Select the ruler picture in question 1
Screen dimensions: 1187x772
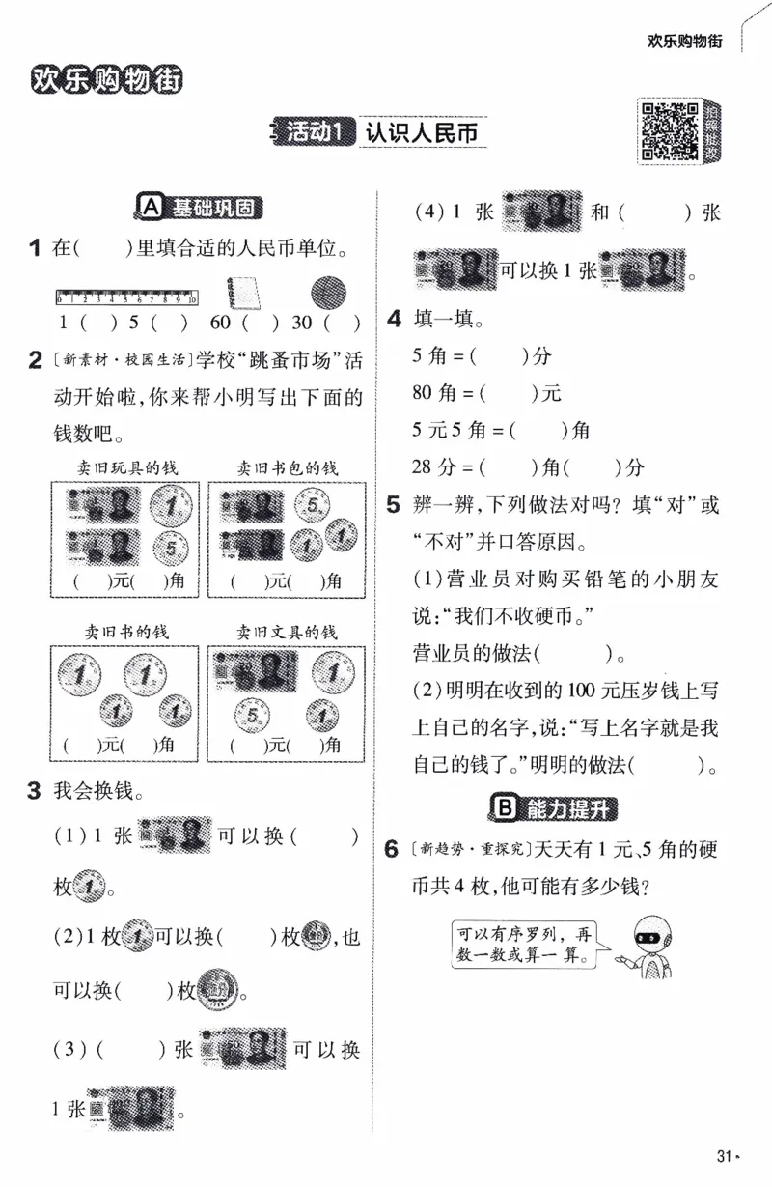coord(125,297)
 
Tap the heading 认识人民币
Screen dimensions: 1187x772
coord(422,133)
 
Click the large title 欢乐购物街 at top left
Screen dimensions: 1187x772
coord(106,79)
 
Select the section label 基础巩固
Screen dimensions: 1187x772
coord(201,207)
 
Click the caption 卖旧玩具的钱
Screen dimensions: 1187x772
coord(122,468)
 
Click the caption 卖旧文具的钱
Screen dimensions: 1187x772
coord(288,632)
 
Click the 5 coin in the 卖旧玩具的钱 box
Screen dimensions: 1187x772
coord(170,549)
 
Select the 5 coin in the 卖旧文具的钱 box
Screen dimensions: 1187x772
coord(254,717)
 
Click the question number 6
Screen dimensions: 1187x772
coord(391,850)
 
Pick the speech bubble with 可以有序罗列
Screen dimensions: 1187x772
coord(526,945)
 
